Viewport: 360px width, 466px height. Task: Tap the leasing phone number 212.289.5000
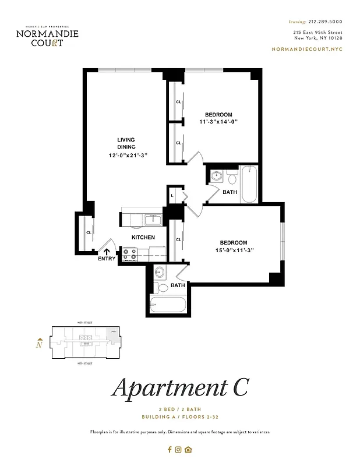click(325, 20)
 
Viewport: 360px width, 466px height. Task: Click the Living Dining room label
click(126, 143)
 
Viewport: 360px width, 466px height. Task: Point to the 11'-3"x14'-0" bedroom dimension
click(218, 122)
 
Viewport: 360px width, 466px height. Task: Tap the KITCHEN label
click(143, 237)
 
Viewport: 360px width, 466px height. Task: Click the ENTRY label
click(107, 259)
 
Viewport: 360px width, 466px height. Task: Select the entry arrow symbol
click(107, 252)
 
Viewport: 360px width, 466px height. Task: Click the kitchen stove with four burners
click(129, 254)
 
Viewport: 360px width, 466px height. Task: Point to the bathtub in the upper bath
click(249, 184)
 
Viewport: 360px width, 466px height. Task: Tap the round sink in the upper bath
click(216, 176)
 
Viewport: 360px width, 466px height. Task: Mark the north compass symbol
click(38, 343)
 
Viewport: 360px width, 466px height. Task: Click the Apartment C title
click(180, 388)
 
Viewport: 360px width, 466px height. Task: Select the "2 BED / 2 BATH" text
click(180, 409)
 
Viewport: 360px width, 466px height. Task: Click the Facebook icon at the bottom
click(170, 449)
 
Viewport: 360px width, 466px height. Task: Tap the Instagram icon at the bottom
click(179, 449)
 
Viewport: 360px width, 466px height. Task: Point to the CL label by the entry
click(89, 232)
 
